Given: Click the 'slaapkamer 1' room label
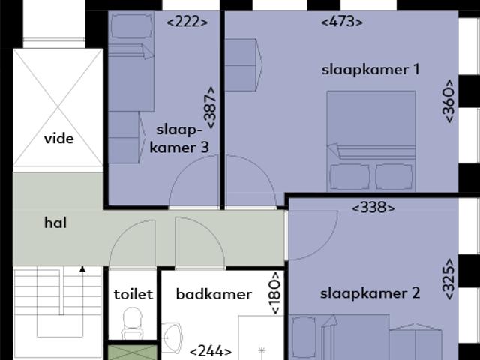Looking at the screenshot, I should [370, 70].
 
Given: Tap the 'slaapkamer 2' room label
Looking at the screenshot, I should [370, 293].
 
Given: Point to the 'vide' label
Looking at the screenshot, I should [58, 138].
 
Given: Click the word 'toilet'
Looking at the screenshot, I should [133, 294].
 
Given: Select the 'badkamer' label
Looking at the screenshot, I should [214, 294].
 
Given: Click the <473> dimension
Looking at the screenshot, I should [342, 22].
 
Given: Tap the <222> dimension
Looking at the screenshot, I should [187, 21].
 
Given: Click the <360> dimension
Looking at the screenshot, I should [448, 100].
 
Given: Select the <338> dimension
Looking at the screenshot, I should [373, 208].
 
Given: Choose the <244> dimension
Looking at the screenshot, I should [210, 350].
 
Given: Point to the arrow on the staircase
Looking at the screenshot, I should [82, 268].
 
